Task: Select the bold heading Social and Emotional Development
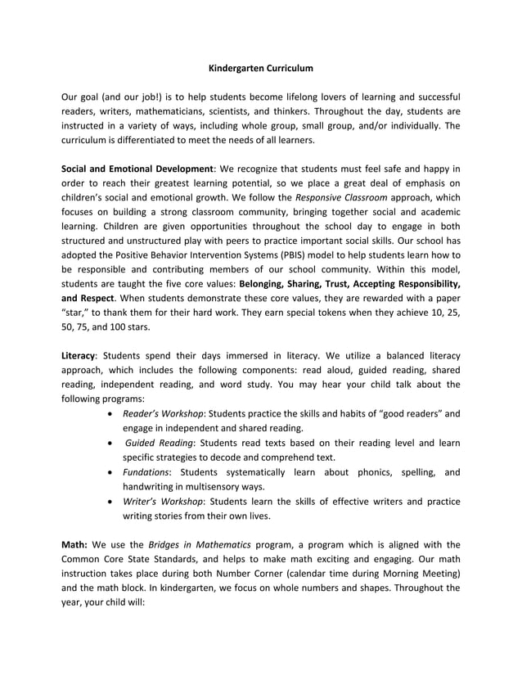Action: point(137,169)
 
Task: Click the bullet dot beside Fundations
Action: point(110,472)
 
